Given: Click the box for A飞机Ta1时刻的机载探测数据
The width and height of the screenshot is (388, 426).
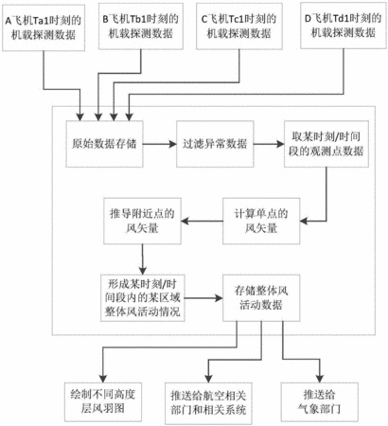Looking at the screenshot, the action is [x=44, y=27].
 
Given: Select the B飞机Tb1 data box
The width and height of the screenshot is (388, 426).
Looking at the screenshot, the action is [x=141, y=27].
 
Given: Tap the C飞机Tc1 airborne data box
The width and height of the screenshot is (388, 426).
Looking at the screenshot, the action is [x=239, y=27].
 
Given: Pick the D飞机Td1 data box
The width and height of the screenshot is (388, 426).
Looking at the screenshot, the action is [x=344, y=26].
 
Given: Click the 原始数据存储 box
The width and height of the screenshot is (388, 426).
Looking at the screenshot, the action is [x=104, y=144].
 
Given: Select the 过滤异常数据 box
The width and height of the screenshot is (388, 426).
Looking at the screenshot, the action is [x=215, y=144].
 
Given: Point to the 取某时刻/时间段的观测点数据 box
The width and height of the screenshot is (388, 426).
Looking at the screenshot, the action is [x=326, y=144].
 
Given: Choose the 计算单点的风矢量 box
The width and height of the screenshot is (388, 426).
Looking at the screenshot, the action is [x=261, y=221].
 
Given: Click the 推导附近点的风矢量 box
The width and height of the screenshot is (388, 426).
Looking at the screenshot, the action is [x=142, y=221].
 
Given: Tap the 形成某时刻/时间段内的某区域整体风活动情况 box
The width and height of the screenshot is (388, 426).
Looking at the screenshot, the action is [x=143, y=298].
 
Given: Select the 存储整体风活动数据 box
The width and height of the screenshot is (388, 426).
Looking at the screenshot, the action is [x=261, y=298].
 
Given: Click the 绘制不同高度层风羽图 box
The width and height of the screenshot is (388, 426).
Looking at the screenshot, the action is [x=103, y=401].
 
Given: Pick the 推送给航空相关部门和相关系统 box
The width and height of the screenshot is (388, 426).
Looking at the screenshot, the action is [x=208, y=403].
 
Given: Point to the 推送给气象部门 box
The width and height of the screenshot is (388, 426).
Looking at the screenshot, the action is [x=320, y=401].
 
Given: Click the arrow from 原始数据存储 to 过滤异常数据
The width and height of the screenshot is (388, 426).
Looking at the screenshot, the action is [x=160, y=144].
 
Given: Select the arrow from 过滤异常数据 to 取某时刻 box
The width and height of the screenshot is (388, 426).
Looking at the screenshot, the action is [x=269, y=144].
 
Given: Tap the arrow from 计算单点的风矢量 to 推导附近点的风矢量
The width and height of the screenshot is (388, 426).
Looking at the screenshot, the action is [x=202, y=221].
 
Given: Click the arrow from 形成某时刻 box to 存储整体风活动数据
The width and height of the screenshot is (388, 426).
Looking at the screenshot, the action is [x=203, y=298].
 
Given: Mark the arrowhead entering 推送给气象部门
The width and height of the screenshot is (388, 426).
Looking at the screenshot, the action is [x=320, y=379].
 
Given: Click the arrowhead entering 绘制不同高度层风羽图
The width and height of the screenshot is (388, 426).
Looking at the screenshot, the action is [x=103, y=379].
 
